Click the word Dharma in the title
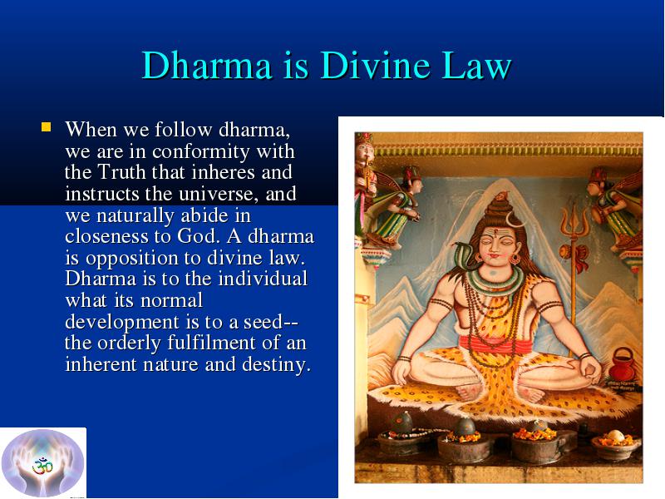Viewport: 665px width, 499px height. click(207, 66)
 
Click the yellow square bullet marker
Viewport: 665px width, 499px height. click(47, 127)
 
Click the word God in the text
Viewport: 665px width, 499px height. click(198, 236)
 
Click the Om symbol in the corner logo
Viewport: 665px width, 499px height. click(42, 466)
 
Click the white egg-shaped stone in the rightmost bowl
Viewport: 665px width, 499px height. click(616, 435)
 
